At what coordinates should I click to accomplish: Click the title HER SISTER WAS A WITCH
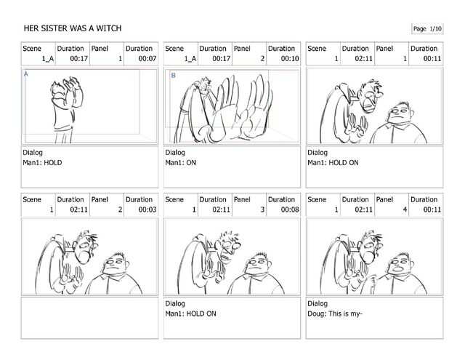click(73, 28)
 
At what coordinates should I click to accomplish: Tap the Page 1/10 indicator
click(427, 29)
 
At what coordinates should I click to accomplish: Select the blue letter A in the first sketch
click(26, 74)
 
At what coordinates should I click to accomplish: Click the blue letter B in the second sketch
click(173, 76)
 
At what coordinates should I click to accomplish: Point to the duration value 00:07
click(147, 59)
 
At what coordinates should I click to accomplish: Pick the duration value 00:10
click(290, 59)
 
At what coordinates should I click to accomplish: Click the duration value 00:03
click(147, 210)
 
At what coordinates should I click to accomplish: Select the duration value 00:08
click(290, 210)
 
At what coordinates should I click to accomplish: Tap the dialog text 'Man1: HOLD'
click(42, 163)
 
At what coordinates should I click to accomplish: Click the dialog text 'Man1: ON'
click(181, 163)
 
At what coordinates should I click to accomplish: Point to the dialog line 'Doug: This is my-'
click(335, 313)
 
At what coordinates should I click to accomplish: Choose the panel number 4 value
click(405, 210)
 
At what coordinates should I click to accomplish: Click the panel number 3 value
click(262, 210)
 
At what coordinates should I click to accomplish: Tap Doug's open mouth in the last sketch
click(400, 269)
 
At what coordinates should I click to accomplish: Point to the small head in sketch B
click(205, 85)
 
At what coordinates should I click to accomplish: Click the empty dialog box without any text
click(89, 318)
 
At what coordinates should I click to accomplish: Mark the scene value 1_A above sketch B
click(190, 59)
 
